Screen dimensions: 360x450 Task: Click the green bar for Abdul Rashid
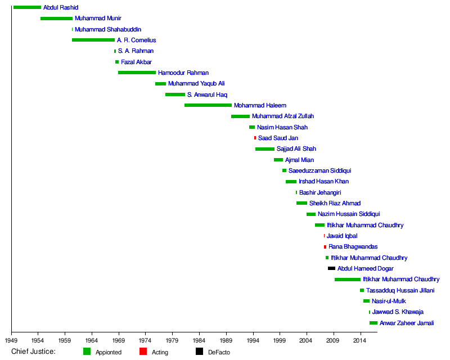pos(27,7)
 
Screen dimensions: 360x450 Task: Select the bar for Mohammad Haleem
pos(208,105)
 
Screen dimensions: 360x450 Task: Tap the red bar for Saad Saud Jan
pos(255,138)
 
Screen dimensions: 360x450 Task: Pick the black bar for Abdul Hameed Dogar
pos(331,268)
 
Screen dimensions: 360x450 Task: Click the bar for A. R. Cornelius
pos(93,40)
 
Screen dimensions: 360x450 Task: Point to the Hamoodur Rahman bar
pos(137,73)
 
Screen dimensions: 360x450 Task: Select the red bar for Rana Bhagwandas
pos(325,247)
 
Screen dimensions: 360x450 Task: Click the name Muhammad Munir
pos(98,19)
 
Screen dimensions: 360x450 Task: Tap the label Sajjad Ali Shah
pos(296,149)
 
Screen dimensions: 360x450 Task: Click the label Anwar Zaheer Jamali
pos(407,323)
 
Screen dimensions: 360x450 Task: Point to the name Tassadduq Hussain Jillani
pos(400,290)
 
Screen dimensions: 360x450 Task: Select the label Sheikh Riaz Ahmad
pos(335,203)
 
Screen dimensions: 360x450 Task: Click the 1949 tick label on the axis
pos(11,340)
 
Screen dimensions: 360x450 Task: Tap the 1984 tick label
pos(199,340)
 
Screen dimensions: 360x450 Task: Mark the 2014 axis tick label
pos(360,340)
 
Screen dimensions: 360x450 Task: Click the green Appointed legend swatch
pos(87,352)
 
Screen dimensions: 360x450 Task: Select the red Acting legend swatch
pos(143,352)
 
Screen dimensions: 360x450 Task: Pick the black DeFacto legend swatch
pos(199,352)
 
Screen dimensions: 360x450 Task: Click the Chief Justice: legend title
pos(33,352)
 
